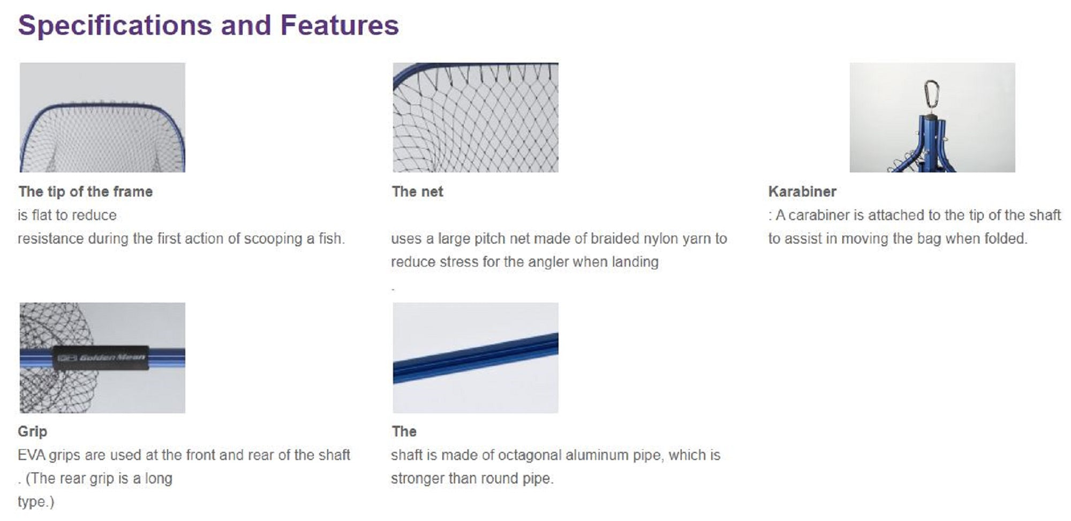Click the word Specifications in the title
pos(115,26)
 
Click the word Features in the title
pos(340,25)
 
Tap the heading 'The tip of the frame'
pos(86,192)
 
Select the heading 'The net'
pos(418,192)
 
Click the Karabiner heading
pos(802,192)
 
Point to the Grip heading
pos(33,432)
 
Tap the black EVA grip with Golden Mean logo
pos(100,357)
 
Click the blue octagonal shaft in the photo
pos(476,358)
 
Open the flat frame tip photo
pos(102,117)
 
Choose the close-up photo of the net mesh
pos(476,117)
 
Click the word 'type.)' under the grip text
pos(36,502)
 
